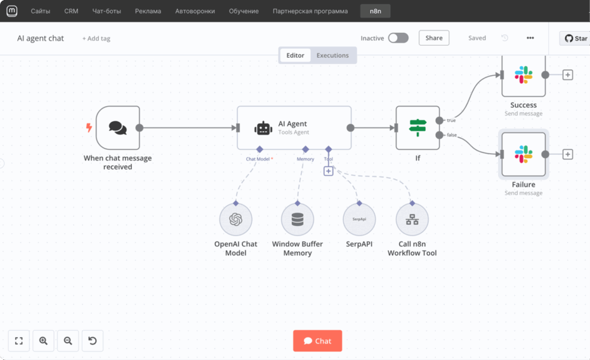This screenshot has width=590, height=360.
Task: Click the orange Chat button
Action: tap(317, 341)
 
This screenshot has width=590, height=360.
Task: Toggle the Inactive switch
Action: tap(398, 38)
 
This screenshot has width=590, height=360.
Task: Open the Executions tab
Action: tap(332, 55)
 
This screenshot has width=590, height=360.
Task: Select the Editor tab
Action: tap(295, 55)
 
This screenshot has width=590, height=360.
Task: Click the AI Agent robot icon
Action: tap(263, 128)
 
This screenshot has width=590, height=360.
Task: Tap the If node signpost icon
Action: tap(417, 128)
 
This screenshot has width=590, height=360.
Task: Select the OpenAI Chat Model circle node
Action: tap(236, 220)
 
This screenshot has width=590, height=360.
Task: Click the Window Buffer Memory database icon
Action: tap(298, 220)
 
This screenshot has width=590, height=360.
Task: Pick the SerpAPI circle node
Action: tap(359, 220)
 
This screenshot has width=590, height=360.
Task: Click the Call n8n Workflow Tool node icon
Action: tap(412, 220)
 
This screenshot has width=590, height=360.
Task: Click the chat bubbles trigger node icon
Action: tap(118, 128)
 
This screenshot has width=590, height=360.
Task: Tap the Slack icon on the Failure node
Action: tap(523, 154)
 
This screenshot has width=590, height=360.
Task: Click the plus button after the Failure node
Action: tap(568, 154)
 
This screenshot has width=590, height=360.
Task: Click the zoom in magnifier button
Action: tap(43, 341)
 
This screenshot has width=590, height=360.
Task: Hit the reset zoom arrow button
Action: tap(93, 341)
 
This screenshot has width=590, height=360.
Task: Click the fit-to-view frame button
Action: tap(19, 341)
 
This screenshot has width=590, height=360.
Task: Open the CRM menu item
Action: tap(71, 11)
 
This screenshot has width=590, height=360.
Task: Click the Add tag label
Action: tap(96, 39)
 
